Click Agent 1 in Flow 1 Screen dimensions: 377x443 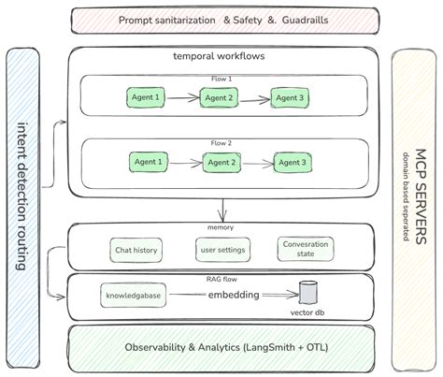145,96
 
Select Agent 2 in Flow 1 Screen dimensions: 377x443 221,96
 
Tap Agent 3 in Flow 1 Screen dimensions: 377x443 290,96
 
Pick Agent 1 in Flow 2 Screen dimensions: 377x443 148,162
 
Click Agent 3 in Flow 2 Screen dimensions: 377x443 291,162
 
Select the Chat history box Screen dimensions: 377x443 136,250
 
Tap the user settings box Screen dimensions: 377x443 221,250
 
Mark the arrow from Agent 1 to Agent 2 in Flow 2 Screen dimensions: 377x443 185,163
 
